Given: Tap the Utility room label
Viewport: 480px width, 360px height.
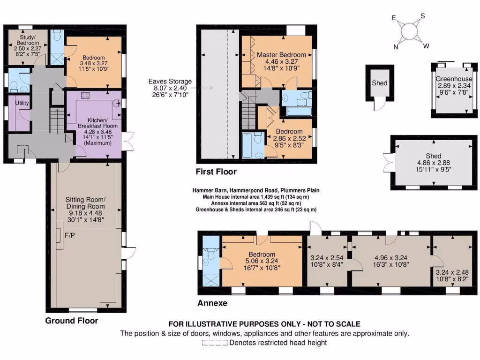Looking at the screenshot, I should tap(22, 103).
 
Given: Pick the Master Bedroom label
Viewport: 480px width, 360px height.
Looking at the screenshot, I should tap(281, 55).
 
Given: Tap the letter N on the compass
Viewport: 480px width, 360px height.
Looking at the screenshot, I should tap(396, 46).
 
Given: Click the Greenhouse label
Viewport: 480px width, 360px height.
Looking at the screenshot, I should tap(453, 79).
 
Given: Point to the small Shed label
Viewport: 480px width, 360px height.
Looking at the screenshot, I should tap(380, 83).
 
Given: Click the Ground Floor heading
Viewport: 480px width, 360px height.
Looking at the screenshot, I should tap(71, 321).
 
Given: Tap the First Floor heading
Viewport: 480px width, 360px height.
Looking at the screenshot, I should tap(217, 172).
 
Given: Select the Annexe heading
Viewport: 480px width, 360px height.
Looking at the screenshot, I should tap(212, 303).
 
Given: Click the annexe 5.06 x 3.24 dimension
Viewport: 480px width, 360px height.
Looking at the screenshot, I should tap(262, 262).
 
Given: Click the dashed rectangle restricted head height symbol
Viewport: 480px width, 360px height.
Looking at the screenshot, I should tap(215, 343).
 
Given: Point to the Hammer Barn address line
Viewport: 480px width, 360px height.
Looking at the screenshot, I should tap(256, 191).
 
